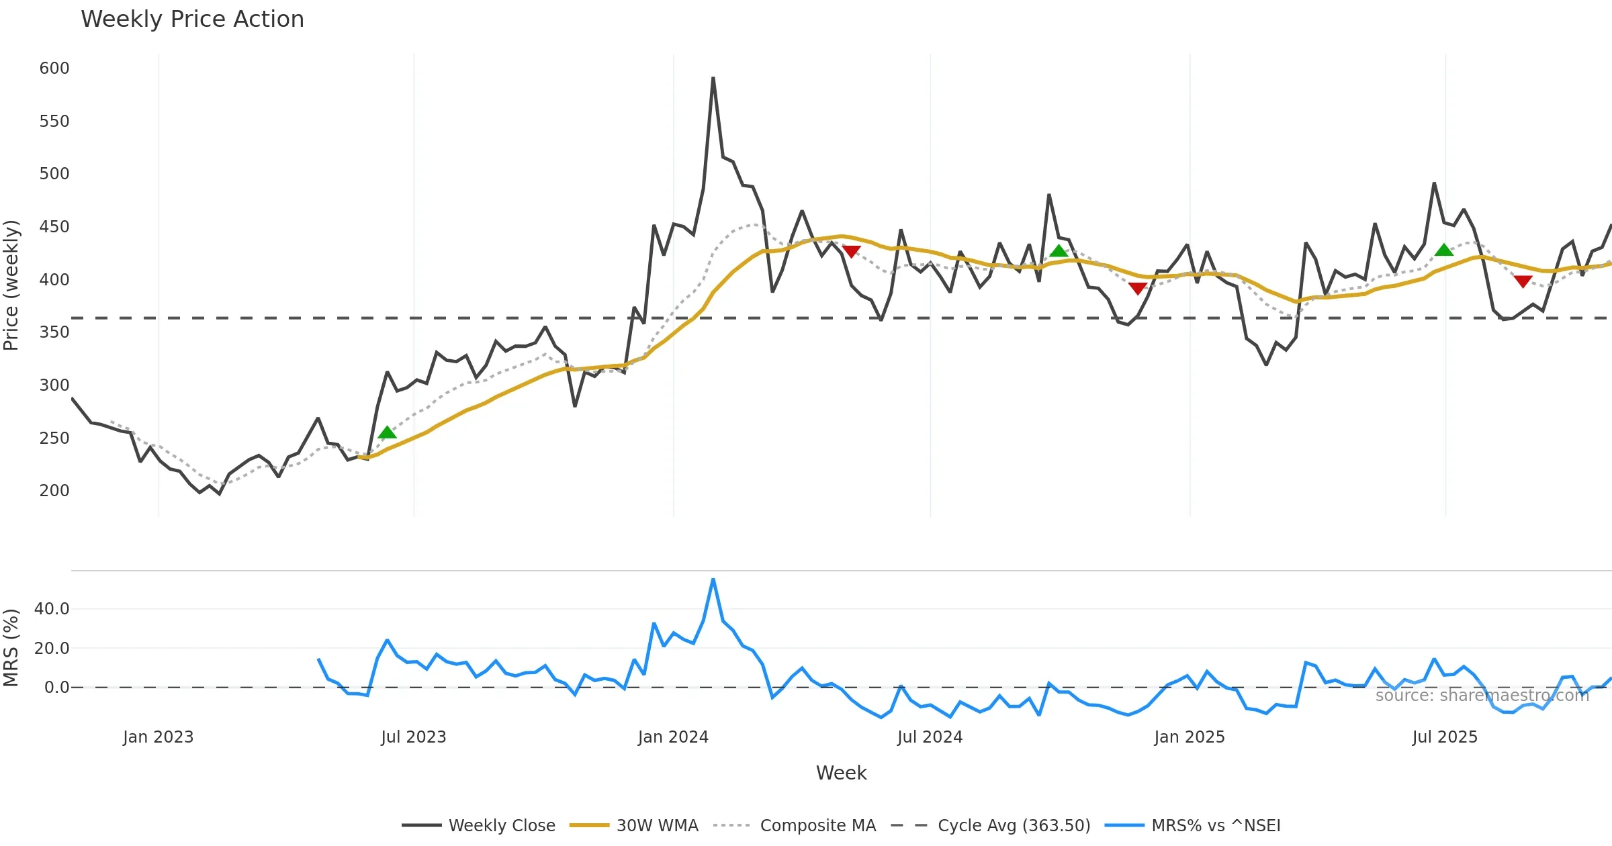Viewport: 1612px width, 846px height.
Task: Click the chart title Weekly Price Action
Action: pyautogui.click(x=192, y=19)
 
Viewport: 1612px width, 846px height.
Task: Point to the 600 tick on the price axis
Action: pyautogui.click(x=54, y=68)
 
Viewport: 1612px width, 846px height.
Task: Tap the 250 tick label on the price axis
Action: pyautogui.click(x=54, y=438)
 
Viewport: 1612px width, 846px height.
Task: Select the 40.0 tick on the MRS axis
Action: pyautogui.click(x=52, y=609)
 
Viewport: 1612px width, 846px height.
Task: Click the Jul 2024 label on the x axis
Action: pyautogui.click(x=930, y=737)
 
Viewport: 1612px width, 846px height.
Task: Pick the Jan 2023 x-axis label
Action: pyautogui.click(x=158, y=737)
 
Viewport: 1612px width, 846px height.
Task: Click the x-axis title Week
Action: pyautogui.click(x=841, y=773)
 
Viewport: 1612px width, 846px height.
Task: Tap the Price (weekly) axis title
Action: pyautogui.click(x=11, y=285)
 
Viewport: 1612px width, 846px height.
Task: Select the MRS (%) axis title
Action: pyautogui.click(x=11, y=648)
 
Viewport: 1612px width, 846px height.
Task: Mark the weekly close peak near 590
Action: pyautogui.click(x=713, y=78)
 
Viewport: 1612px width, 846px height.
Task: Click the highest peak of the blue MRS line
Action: pyautogui.click(x=713, y=579)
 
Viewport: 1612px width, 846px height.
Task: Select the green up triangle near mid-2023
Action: pyautogui.click(x=387, y=432)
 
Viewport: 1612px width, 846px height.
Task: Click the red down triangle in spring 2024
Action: pyautogui.click(x=851, y=252)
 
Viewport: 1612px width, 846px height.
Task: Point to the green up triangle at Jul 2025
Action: pyautogui.click(x=1444, y=250)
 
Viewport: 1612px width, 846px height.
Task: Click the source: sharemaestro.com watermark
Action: pyautogui.click(x=1482, y=696)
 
